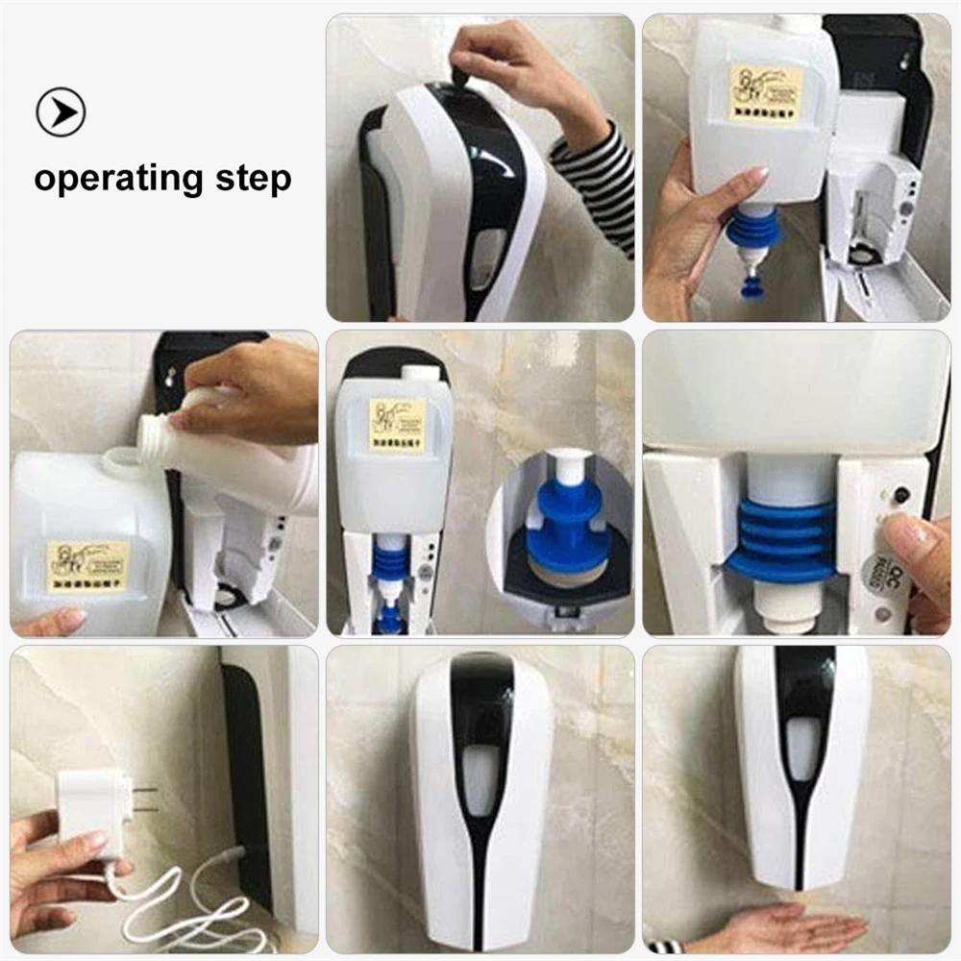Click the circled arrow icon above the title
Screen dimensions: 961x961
coord(61,111)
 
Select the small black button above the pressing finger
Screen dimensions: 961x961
coord(900,497)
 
